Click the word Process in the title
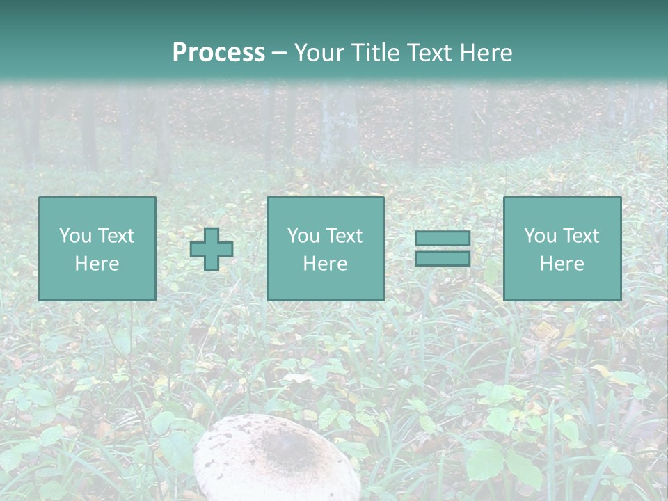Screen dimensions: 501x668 pyautogui.click(x=218, y=53)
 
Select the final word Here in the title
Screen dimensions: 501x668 pyautogui.click(x=486, y=53)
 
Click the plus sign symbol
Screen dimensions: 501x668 pyautogui.click(x=212, y=249)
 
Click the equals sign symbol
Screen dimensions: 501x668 pyautogui.click(x=443, y=248)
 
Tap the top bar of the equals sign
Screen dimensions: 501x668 pyautogui.click(x=443, y=239)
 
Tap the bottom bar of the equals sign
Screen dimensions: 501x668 pyautogui.click(x=443, y=258)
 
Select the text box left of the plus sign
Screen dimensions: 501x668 pyautogui.click(x=97, y=248)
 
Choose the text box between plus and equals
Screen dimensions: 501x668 pyautogui.click(x=325, y=248)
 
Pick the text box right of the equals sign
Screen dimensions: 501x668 pyautogui.click(x=562, y=248)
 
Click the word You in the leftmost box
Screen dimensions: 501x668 pyautogui.click(x=74, y=236)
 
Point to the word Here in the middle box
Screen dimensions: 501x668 pyautogui.click(x=325, y=264)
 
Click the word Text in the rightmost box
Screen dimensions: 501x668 pyautogui.click(x=580, y=236)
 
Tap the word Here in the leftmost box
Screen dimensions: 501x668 pyautogui.click(x=97, y=264)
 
